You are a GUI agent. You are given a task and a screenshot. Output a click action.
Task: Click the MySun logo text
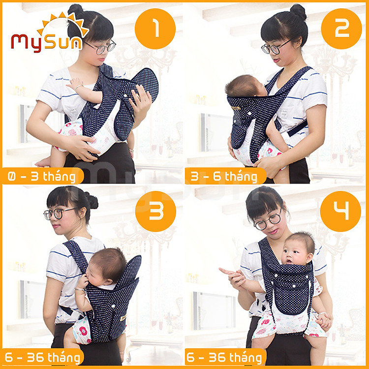[47, 41]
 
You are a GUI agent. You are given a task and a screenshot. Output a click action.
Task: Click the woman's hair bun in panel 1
[76, 10]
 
